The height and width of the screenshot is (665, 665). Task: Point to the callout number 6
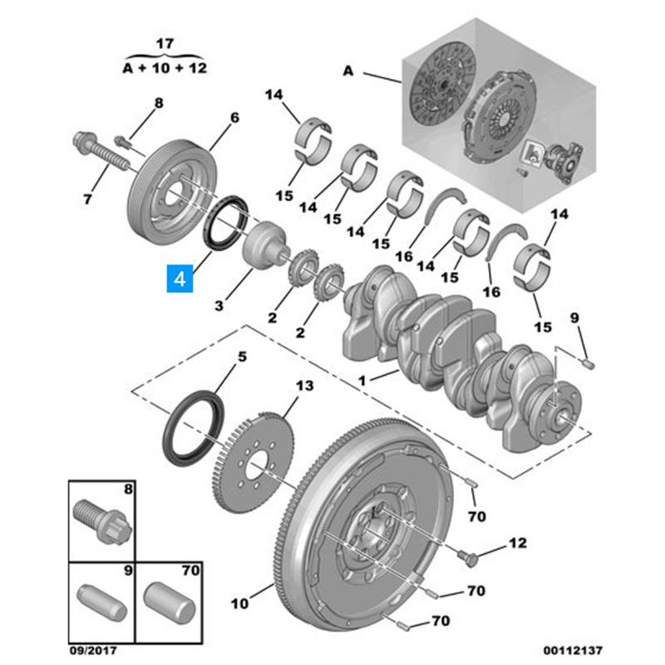coord(234,118)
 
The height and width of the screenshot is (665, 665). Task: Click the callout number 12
coord(517,544)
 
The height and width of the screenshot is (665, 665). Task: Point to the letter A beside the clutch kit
coord(347,72)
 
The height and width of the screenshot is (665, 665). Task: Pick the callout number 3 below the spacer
coord(219,307)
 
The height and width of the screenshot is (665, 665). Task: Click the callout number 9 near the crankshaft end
coord(573,318)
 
